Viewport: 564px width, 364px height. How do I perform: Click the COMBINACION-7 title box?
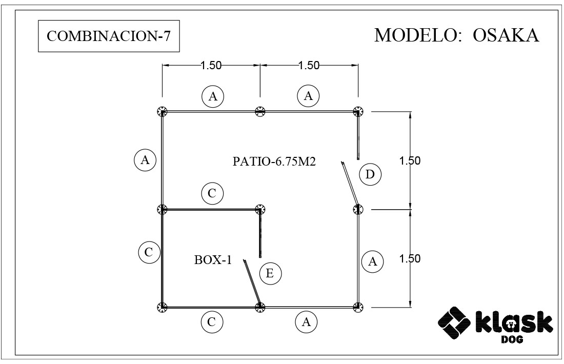coord(109,36)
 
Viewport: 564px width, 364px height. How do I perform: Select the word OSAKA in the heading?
coord(506,35)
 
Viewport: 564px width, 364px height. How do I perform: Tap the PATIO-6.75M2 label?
coord(274,161)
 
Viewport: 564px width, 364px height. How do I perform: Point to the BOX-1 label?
coord(213,260)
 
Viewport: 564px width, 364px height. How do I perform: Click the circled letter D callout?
coord(370,174)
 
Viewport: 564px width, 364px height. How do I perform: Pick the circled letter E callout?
coord(270,274)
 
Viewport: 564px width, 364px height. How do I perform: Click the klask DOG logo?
coord(495,325)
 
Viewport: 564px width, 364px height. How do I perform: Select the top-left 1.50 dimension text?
coord(211,66)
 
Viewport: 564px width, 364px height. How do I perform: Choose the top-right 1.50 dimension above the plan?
coord(309,66)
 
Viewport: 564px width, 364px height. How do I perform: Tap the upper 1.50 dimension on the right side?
coord(410,160)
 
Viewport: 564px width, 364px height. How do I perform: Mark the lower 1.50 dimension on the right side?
coord(410,258)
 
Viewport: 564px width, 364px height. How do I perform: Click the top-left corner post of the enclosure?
coord(162,111)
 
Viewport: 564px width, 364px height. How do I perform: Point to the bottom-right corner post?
coord(358,307)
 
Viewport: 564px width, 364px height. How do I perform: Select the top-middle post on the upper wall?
coord(260,111)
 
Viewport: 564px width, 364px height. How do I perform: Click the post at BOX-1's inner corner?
coord(260,209)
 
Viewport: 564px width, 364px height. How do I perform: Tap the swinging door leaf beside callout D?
coord(350,184)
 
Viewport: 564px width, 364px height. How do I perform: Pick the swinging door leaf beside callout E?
coord(252,282)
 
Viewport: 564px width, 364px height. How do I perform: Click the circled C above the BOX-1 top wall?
coord(212,193)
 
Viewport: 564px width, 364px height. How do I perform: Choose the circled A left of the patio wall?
coord(145,160)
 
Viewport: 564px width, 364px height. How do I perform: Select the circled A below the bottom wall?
coord(306,322)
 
